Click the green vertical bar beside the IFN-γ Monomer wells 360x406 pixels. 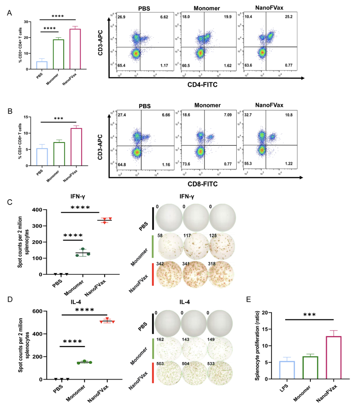[x=153, y=248]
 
